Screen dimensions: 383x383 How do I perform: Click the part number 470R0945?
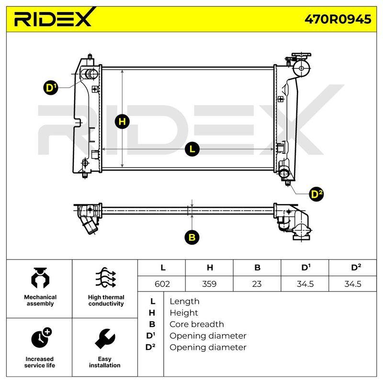[338, 19]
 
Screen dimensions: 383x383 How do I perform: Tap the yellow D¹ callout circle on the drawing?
[51, 88]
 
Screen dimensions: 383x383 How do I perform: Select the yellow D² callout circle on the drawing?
[316, 194]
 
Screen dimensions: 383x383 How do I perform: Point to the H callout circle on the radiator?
[122, 122]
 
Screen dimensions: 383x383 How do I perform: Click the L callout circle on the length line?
[192, 149]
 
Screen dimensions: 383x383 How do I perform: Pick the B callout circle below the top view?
[192, 237]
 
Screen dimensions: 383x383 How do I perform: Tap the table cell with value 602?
[162, 284]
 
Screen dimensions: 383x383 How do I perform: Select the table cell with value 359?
[209, 284]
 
